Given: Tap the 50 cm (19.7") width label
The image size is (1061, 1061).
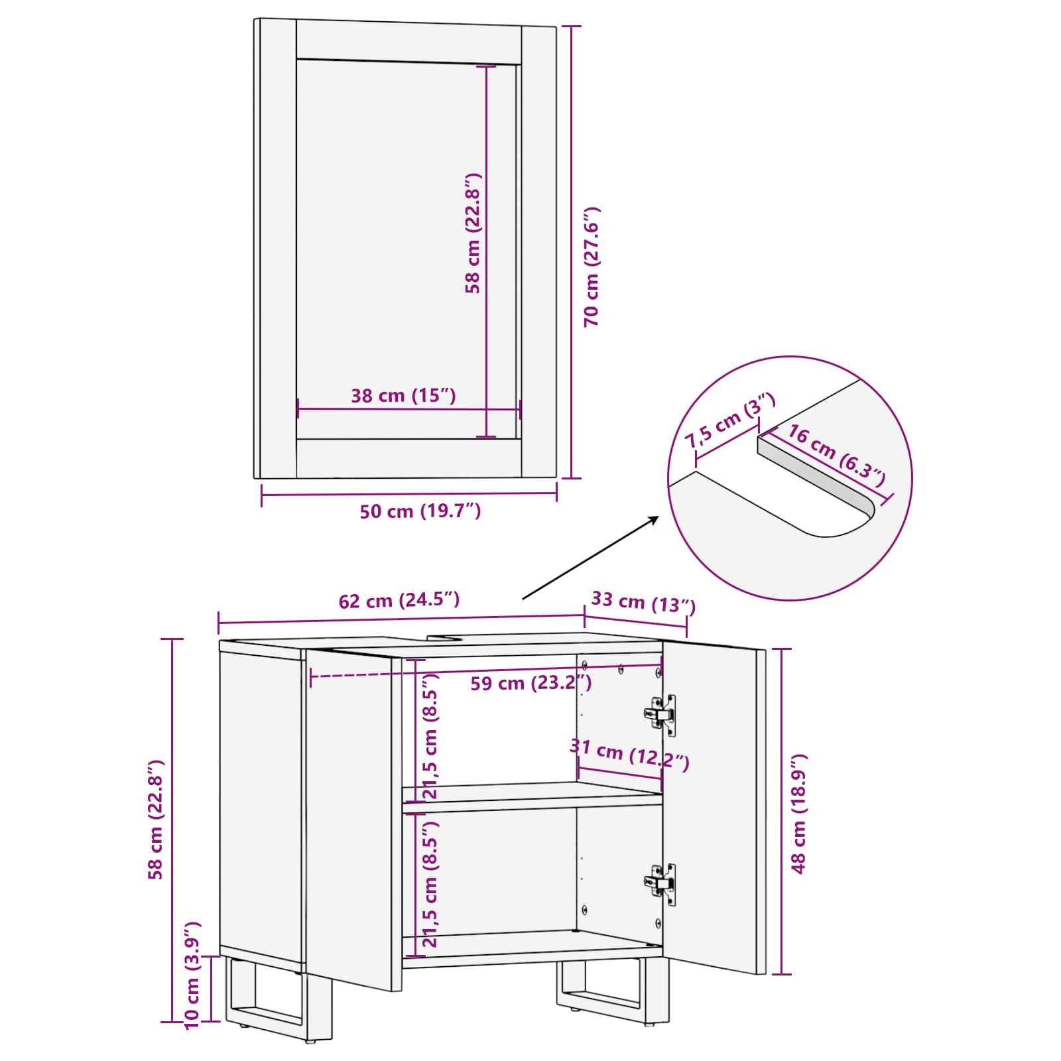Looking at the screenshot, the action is (420, 511).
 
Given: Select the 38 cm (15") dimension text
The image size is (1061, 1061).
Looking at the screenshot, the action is (403, 396).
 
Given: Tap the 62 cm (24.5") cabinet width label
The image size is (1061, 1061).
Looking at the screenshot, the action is (399, 601).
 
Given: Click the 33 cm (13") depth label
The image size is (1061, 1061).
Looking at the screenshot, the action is (643, 602).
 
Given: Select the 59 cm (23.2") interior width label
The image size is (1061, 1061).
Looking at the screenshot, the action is (531, 682).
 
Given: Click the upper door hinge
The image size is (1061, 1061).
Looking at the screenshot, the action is (660, 714).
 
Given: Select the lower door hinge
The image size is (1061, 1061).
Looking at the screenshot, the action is (660, 884).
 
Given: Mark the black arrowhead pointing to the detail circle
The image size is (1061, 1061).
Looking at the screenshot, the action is (653, 519).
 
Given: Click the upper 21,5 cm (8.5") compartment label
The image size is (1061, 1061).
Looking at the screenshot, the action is (430, 736).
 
